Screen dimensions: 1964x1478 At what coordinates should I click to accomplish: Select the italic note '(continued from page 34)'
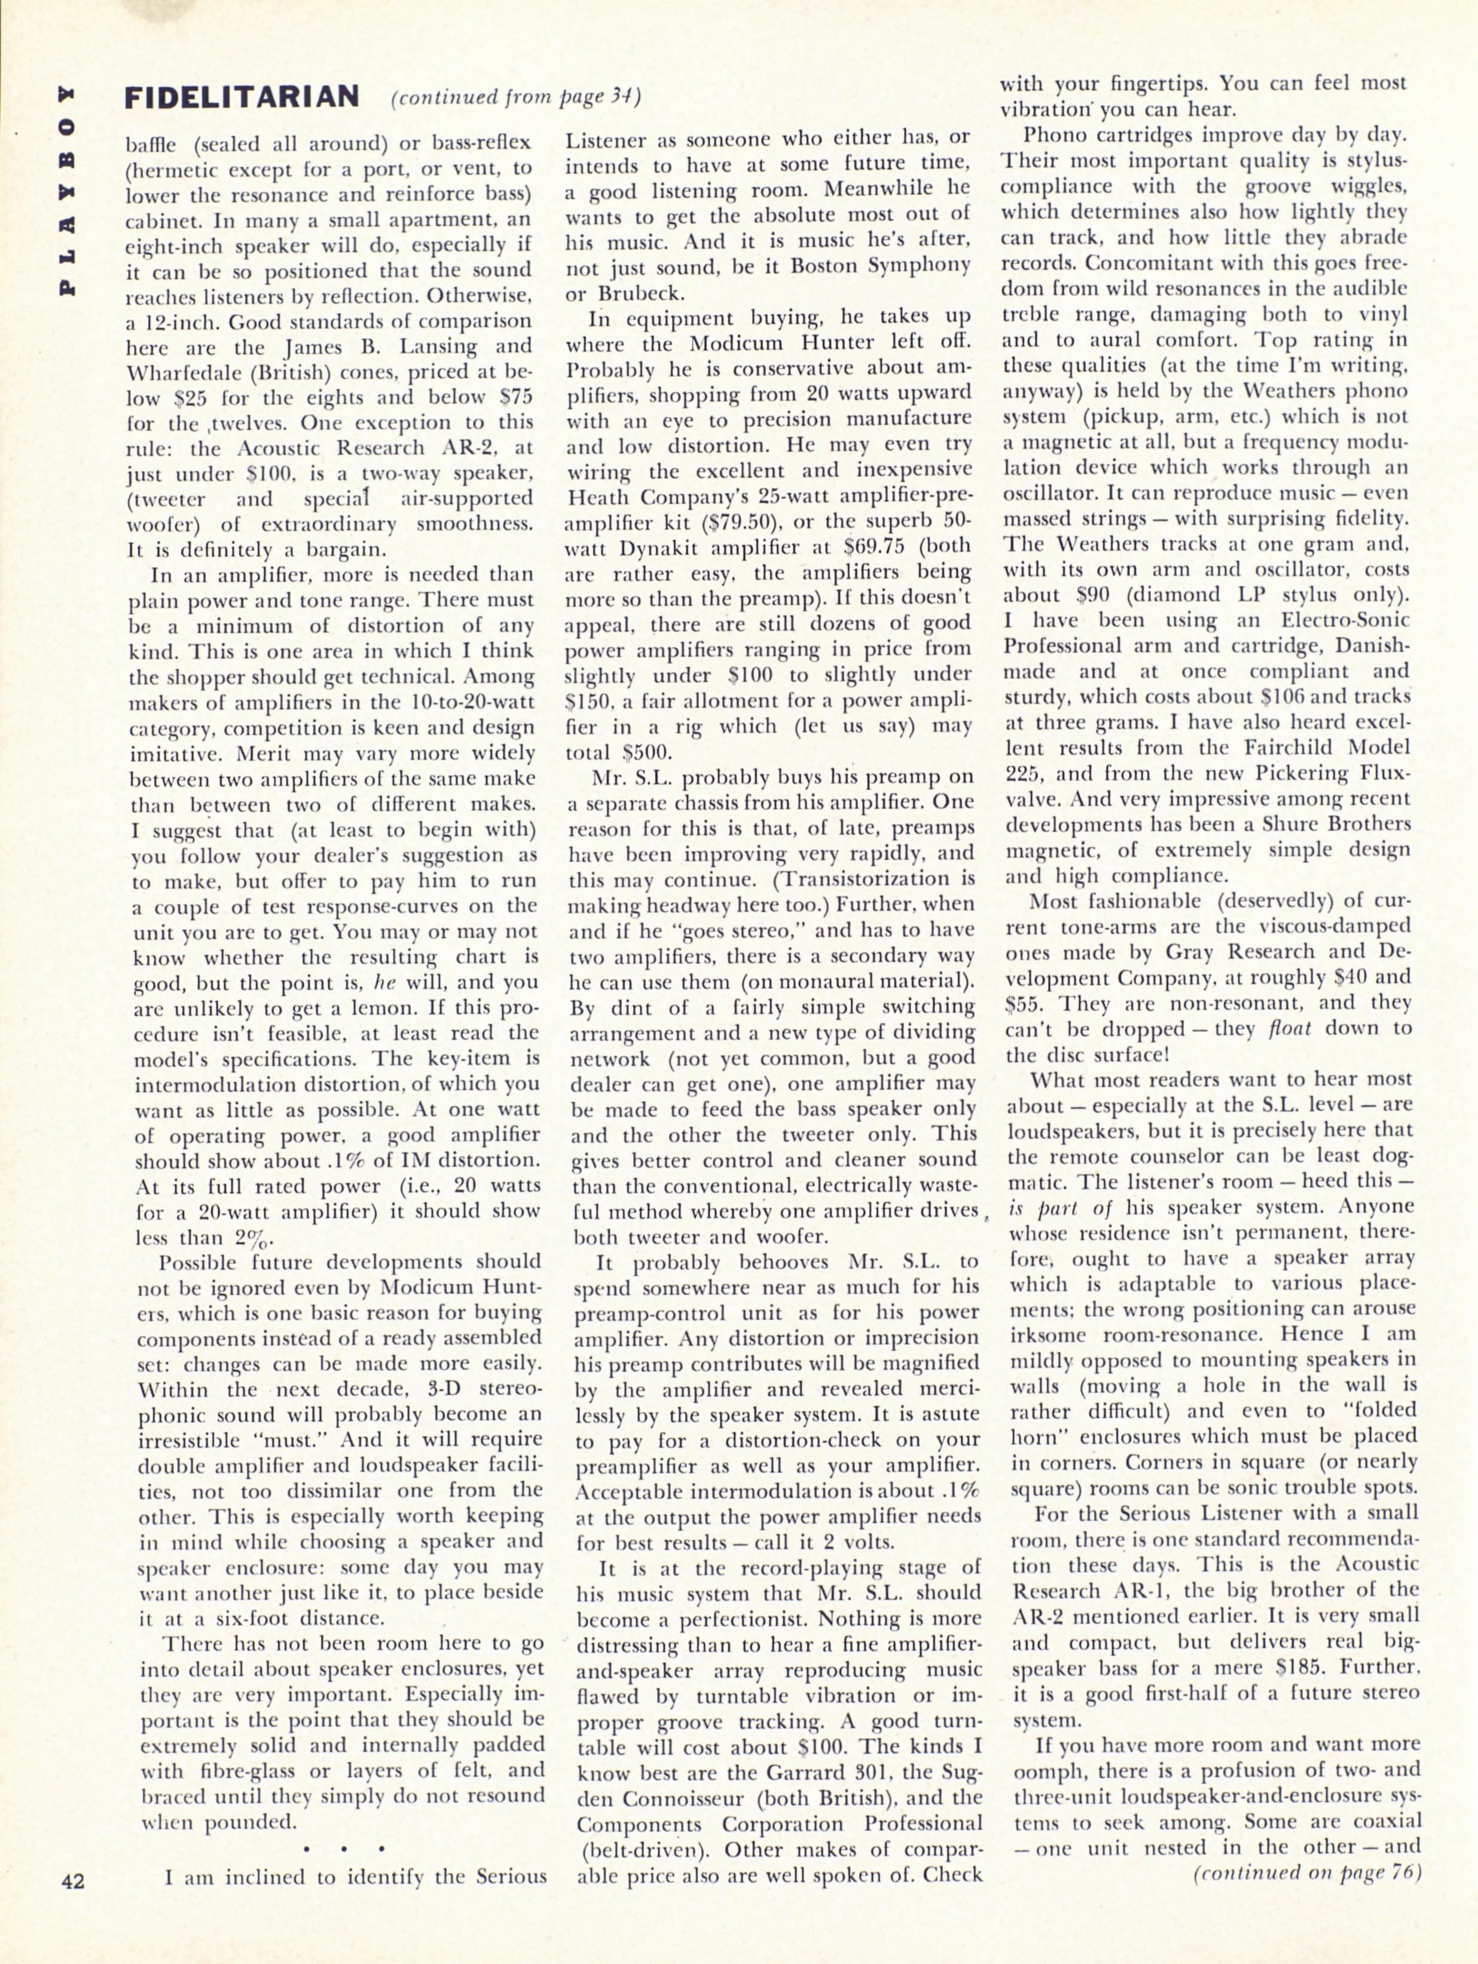516,97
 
